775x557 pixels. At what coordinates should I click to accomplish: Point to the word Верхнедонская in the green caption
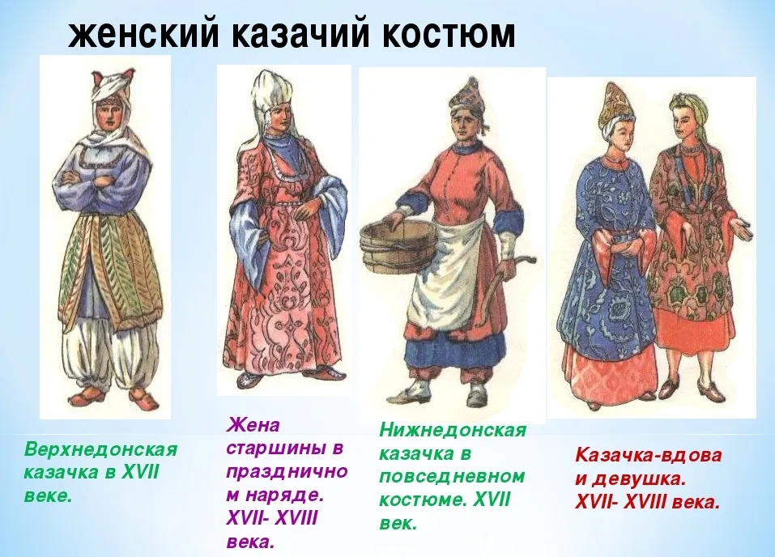101,450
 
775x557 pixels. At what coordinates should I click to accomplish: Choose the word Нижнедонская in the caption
452,431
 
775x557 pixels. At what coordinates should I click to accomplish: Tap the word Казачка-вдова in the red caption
649,455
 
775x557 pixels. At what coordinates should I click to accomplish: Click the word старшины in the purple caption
285,449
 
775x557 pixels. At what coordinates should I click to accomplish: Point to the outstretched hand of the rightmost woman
741,228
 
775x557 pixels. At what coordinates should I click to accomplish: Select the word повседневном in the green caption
452,476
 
